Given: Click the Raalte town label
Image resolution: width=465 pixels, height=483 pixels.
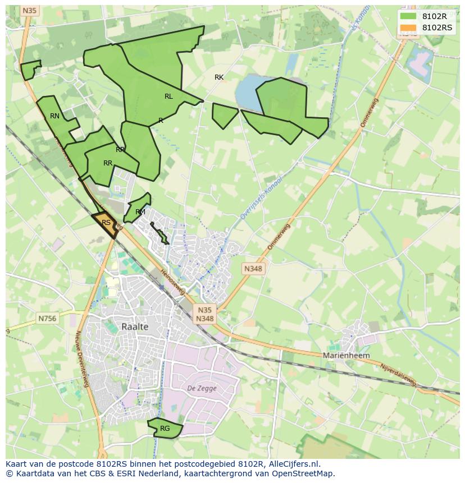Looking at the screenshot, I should [x=135, y=326].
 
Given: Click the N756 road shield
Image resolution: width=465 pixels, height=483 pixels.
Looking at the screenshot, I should [x=47, y=318].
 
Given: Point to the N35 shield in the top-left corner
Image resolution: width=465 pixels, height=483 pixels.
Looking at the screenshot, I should [x=29, y=11].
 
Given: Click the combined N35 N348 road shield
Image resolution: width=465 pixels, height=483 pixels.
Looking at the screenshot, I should [x=204, y=314].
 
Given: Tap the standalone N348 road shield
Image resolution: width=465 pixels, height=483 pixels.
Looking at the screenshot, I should [x=253, y=269].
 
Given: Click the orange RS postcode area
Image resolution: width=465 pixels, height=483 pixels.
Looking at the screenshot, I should [x=106, y=223].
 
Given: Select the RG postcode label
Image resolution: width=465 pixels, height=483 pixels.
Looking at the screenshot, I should [x=165, y=429].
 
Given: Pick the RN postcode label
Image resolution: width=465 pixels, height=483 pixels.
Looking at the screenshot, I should [x=54, y=116].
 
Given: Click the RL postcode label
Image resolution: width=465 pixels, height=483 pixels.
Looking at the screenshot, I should [x=168, y=96].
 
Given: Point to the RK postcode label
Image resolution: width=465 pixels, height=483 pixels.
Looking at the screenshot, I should [x=219, y=77].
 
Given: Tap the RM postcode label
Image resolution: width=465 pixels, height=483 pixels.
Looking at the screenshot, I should [x=140, y=212].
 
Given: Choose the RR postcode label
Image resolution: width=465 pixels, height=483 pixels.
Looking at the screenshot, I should [x=108, y=163].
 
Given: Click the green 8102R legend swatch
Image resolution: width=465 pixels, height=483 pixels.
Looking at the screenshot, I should [x=408, y=16].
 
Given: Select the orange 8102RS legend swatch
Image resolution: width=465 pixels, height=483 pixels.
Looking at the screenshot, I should [x=408, y=27].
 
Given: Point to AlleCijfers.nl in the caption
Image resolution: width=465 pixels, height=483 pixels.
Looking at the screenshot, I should [x=294, y=464].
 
